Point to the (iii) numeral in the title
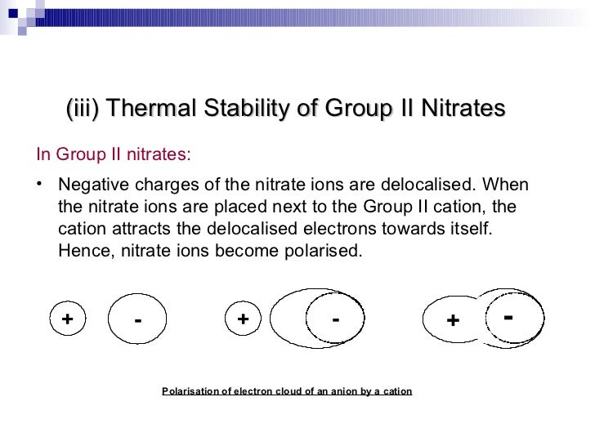(x=82, y=109)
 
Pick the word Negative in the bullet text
(x=93, y=183)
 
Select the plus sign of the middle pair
(x=243, y=319)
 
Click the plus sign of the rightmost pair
(x=452, y=321)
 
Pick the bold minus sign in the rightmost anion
(x=508, y=315)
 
